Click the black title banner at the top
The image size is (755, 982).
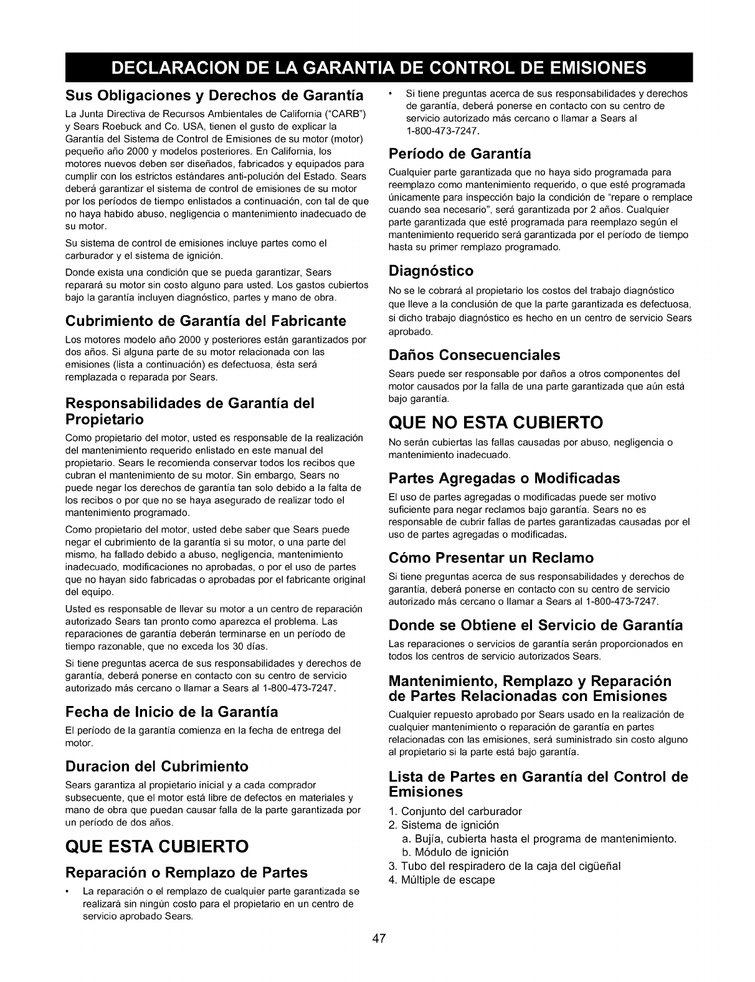click(377, 67)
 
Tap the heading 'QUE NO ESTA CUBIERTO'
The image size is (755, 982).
click(495, 423)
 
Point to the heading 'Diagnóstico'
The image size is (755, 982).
click(430, 271)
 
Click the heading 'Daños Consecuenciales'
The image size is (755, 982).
click(474, 355)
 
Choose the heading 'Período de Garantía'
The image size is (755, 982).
click(459, 153)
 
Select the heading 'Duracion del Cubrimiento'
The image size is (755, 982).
click(156, 766)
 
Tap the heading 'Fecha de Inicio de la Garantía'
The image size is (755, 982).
click(171, 712)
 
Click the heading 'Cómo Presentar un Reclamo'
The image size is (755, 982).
click(491, 557)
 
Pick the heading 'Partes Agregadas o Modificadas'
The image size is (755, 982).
click(504, 479)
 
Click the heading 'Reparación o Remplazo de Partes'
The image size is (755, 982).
click(186, 872)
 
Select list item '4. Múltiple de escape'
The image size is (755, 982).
click(442, 880)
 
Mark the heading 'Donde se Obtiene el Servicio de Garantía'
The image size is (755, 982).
click(535, 625)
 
